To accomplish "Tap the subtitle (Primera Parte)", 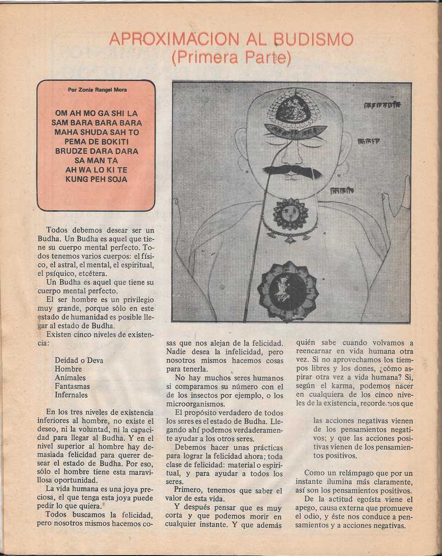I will pos(231,58).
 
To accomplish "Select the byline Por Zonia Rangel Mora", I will pos(97,90).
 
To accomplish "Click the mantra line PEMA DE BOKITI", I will pos(97,141).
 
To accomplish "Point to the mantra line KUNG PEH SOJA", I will pos(97,179).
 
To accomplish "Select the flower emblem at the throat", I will pos(291,213).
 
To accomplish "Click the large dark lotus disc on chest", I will pos(288,290).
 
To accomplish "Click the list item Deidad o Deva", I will pos(79,360).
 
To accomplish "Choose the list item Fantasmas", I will pos(72,386).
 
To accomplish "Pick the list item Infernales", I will pos(71,395).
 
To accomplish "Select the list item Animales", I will pos(70,377).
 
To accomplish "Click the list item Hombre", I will pos(68,369).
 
